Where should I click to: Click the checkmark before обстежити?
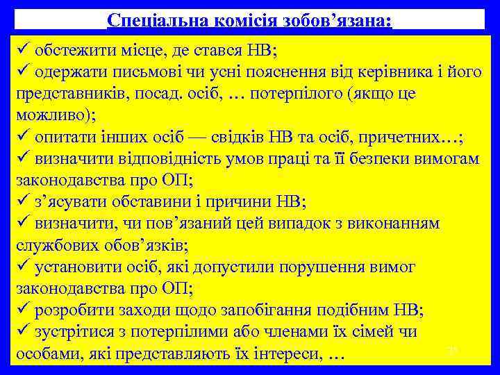point(23,51)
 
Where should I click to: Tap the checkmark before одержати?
point(23,72)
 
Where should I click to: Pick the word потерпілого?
point(298,94)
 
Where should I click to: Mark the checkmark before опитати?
point(23,137)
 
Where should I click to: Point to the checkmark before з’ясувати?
point(23,201)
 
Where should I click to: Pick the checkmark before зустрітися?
point(23,331)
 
